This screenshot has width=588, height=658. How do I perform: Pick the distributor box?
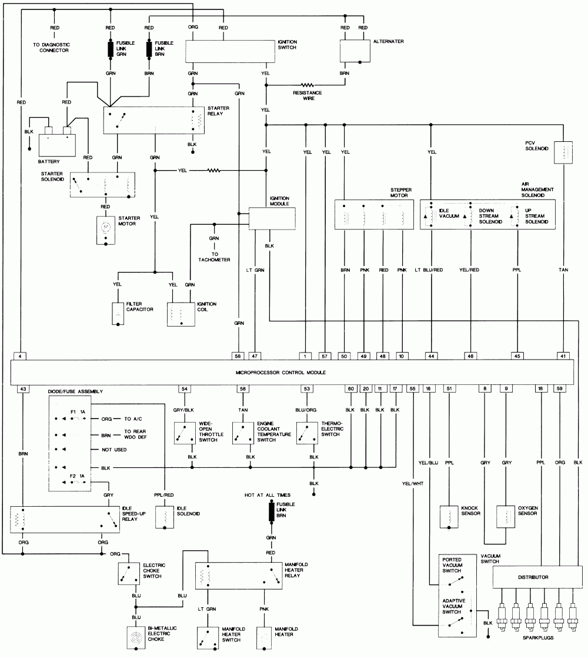pyautogui.click(x=533, y=577)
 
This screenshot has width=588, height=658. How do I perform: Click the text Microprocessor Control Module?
pyautogui.click(x=280, y=373)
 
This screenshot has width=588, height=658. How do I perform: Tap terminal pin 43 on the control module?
pyautogui.click(x=22, y=389)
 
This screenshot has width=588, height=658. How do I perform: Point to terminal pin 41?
pyautogui.click(x=563, y=355)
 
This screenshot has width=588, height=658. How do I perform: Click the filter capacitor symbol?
pyautogui.click(x=118, y=314)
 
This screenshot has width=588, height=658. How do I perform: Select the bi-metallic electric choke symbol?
pyautogui.click(x=136, y=637)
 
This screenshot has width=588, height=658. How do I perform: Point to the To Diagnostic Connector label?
pyautogui.click(x=51, y=48)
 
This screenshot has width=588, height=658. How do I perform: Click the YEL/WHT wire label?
pyautogui.click(x=413, y=484)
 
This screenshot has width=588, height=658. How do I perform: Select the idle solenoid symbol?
pyautogui.click(x=166, y=516)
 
